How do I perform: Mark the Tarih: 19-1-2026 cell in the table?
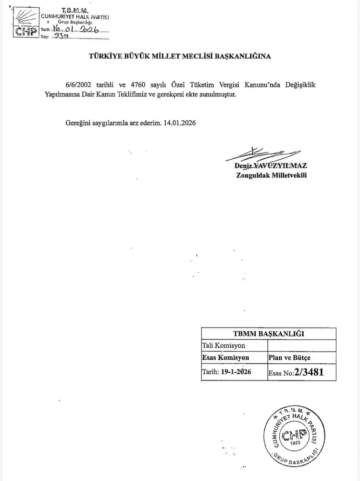click(226, 371)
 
